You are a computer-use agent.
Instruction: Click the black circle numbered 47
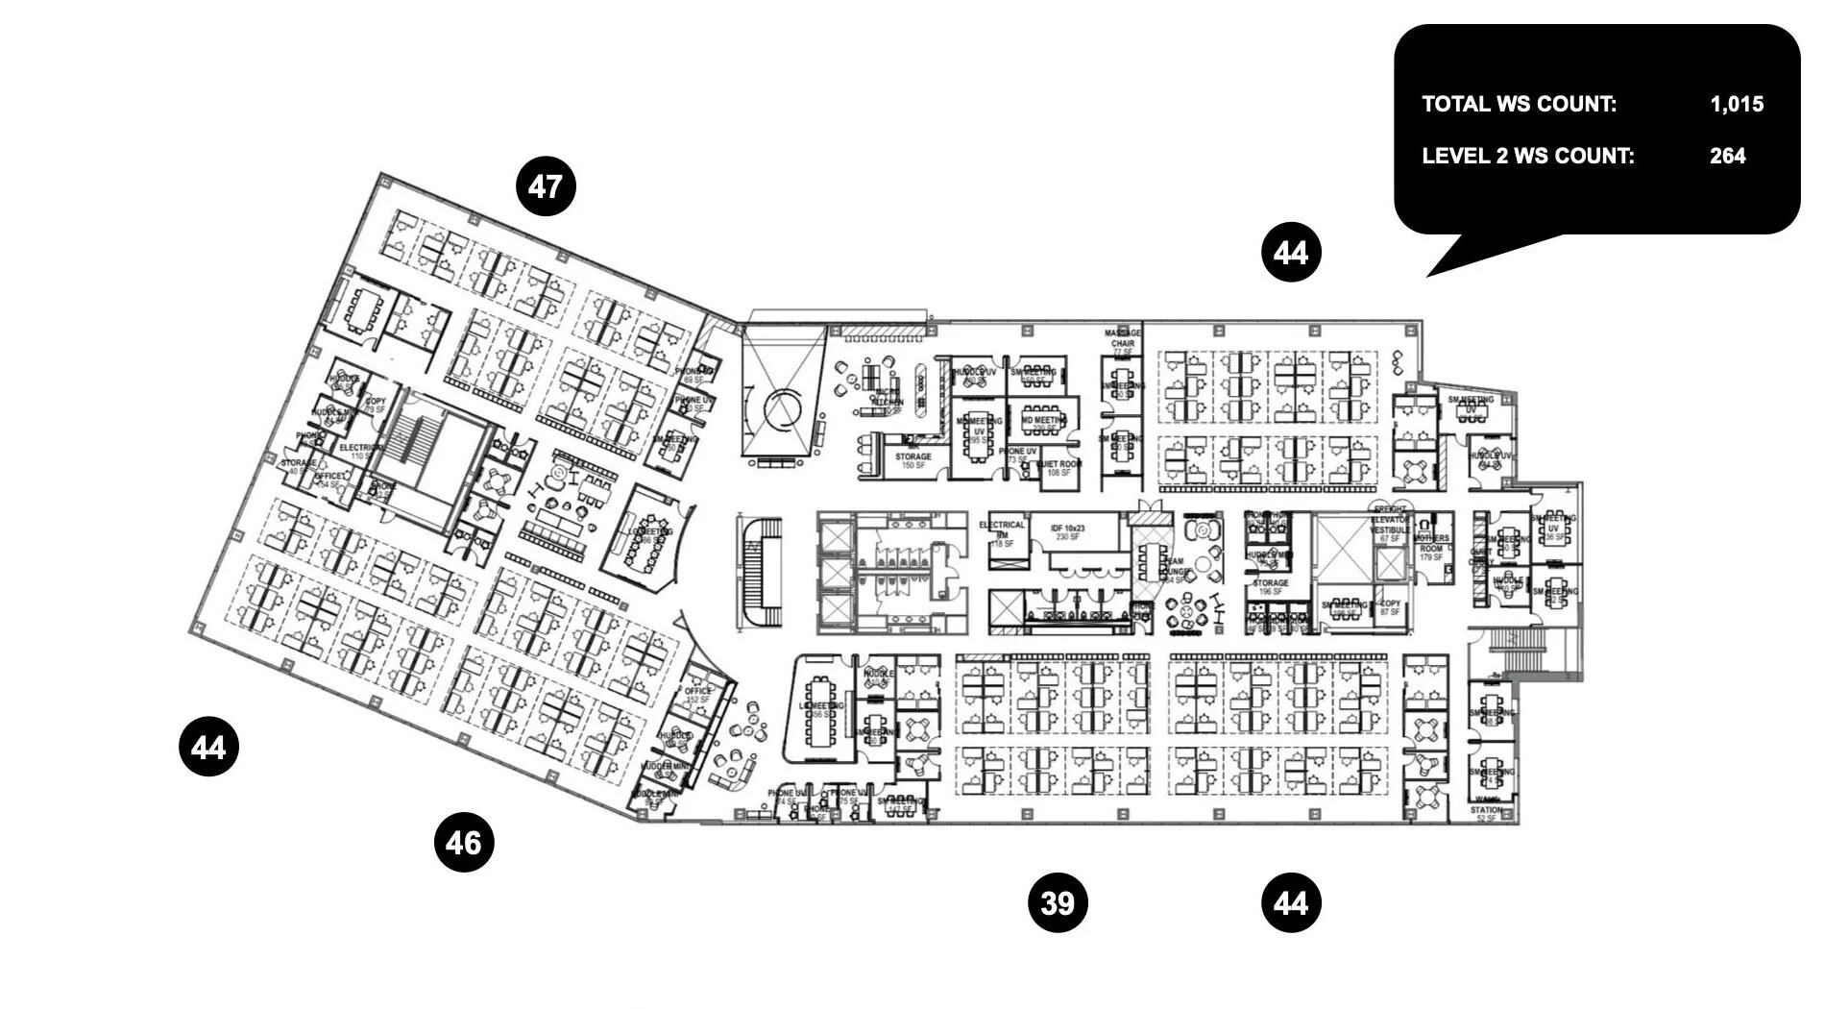pos(546,186)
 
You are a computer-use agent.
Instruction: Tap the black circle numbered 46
pos(464,843)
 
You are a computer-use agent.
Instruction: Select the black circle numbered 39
pos(1058,903)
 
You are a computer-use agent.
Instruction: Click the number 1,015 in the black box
pos(1737,104)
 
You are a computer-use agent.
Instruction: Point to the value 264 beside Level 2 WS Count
pos(1727,156)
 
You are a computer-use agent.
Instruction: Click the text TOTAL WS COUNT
pos(1519,104)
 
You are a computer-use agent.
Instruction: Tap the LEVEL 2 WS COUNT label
pos(1527,156)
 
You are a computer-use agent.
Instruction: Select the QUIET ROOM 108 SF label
pos(1058,468)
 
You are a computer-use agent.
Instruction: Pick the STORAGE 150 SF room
pos(912,461)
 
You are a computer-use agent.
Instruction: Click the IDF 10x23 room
pos(1067,532)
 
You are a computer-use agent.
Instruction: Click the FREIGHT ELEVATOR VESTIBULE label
pos(1390,524)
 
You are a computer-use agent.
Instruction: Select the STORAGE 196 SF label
pos(1270,587)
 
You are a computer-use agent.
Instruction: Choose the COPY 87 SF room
pos(1390,607)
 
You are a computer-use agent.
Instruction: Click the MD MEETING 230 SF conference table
pos(1042,422)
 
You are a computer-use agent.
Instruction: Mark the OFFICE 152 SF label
pos(697,695)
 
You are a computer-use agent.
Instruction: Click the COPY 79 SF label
pos(375,406)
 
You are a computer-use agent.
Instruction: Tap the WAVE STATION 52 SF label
pos(1486,809)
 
